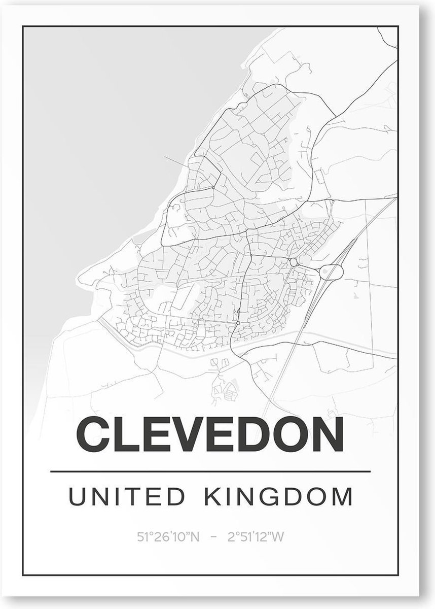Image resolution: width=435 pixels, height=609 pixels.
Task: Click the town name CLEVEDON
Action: point(210,436)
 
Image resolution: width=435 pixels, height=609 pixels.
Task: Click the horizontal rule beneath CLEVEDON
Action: point(210,472)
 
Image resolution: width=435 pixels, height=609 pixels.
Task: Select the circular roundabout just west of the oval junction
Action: point(294,262)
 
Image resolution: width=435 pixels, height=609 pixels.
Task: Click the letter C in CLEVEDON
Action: point(93,436)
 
